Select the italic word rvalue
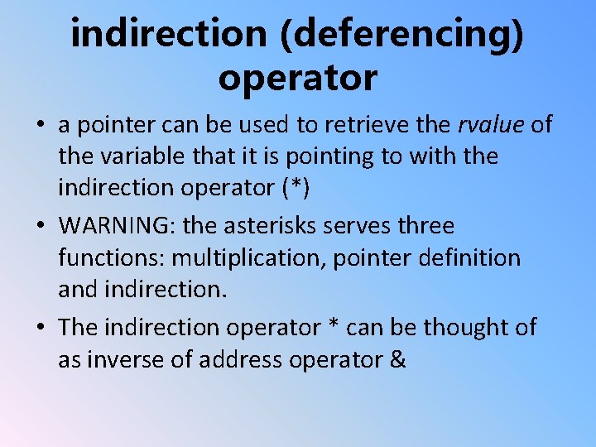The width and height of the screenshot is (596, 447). (x=492, y=124)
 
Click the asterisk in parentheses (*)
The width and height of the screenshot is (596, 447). (x=296, y=188)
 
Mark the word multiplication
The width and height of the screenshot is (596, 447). (x=248, y=257)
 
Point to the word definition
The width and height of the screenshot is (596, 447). (x=469, y=257)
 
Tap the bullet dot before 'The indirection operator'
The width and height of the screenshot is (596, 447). (x=41, y=329)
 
